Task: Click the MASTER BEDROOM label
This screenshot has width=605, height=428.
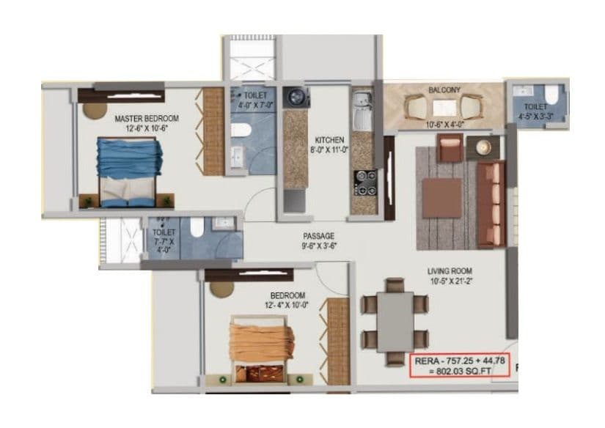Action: pos(147,117)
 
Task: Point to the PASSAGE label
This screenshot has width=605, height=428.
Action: pos(320,236)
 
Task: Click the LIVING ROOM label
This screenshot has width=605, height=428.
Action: pos(450,271)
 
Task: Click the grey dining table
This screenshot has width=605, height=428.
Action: pos(395,322)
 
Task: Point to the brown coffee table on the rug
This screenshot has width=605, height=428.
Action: pos(441,197)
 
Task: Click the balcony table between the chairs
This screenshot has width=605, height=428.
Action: pos(444,108)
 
